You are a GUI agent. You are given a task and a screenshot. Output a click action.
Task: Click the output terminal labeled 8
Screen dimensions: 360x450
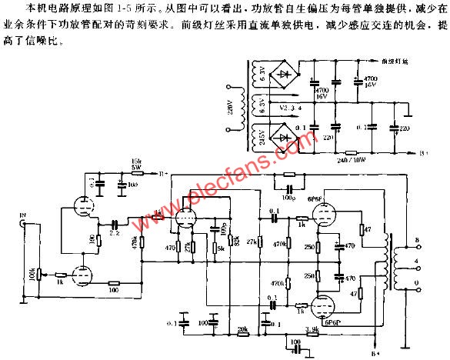[x=418, y=242]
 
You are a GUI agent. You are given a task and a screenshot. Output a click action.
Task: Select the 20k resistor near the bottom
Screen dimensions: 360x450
[x=242, y=329]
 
